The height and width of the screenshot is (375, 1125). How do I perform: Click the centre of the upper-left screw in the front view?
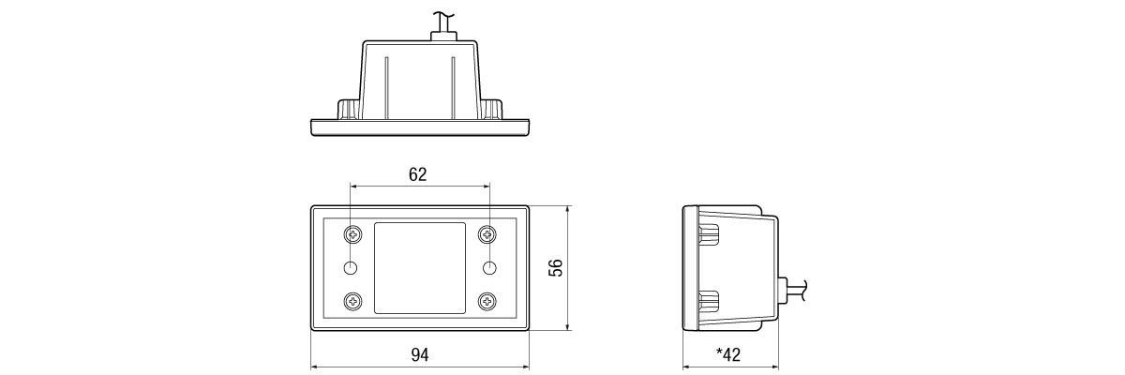click(353, 234)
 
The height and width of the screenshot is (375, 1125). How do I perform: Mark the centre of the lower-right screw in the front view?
click(487, 301)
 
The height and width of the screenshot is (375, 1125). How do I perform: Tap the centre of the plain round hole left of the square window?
click(351, 268)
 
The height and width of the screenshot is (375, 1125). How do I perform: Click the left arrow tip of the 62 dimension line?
click(351, 187)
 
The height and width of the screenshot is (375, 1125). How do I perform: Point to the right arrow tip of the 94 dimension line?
click(529, 367)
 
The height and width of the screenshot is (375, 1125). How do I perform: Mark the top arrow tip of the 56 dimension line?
click(567, 206)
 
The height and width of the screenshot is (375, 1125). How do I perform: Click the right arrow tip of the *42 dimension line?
click(778, 367)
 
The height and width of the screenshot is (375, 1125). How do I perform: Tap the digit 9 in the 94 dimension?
click(416, 355)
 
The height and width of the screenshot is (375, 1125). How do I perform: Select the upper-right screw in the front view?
click(487, 234)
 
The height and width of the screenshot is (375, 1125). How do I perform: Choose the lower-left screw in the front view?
click(353, 301)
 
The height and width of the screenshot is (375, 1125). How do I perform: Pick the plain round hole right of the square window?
click(489, 268)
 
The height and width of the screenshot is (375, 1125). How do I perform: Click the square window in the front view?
click(420, 268)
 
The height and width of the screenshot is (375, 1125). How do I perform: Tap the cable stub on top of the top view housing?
click(443, 26)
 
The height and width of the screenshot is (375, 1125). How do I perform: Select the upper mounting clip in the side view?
click(708, 233)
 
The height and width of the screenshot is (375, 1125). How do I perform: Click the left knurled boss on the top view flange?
click(349, 110)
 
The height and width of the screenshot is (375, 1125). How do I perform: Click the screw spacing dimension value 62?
click(418, 174)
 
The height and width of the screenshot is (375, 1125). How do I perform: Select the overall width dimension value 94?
click(420, 355)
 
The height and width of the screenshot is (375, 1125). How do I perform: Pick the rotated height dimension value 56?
click(555, 267)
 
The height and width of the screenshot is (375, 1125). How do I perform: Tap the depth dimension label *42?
click(728, 355)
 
